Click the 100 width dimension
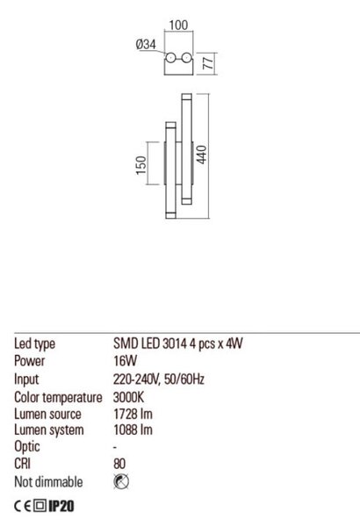pos(178,25)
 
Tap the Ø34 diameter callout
pos(147,44)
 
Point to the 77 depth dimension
pos(208,63)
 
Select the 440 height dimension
pos(201,155)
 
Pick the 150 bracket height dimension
pos(141,165)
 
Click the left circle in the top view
pos(170,58)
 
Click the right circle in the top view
pos(186,58)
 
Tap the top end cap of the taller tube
pos(186,97)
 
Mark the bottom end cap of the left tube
pos(170,215)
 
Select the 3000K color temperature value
pos(128,397)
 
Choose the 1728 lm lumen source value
pos(133,414)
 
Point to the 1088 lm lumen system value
pos(133,430)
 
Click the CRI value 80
pos(119,464)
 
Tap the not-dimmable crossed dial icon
pos(121,481)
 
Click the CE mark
pos(23,506)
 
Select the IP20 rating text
pos(61,506)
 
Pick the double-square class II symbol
pos(40,506)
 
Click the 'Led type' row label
pos(34,343)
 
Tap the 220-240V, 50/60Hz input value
pos(159,379)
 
